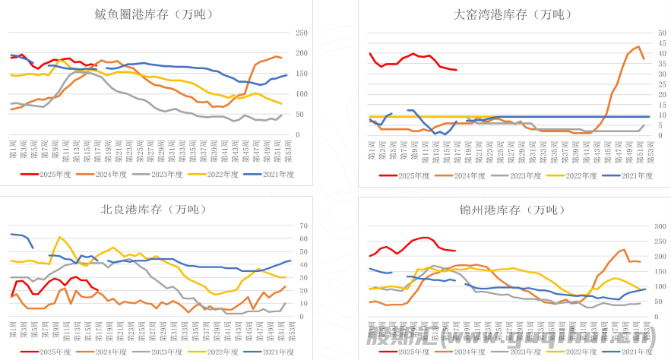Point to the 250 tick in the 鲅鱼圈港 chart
pyautogui.click(x=301, y=33)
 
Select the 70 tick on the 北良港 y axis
pyautogui.click(x=303, y=226)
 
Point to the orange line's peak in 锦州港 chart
pyautogui.click(x=624, y=249)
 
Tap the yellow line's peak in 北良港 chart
pyautogui.click(x=59, y=237)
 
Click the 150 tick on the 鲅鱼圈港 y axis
pyautogui.click(x=301, y=74)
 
